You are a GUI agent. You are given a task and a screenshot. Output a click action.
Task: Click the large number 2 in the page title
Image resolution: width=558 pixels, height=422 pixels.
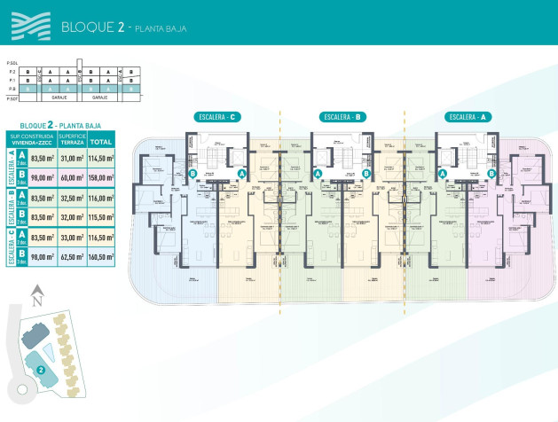(121, 27)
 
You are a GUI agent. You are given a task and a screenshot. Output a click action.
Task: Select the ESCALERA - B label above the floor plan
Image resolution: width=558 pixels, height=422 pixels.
(342, 117)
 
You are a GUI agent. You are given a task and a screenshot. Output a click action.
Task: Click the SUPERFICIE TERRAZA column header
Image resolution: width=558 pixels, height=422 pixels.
(71, 140)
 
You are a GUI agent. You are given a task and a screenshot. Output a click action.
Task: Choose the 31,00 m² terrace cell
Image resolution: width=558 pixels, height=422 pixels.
(71, 157)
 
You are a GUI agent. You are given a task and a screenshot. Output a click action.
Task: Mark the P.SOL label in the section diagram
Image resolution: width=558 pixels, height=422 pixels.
(12, 63)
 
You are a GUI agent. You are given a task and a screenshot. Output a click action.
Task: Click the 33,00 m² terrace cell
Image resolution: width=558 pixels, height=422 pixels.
(71, 238)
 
